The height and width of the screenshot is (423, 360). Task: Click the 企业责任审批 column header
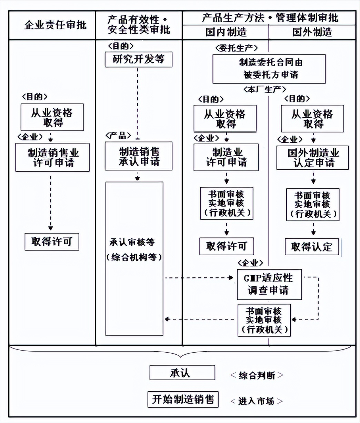pyautogui.click(x=55, y=25)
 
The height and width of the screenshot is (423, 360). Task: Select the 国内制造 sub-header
pyautogui.click(x=226, y=32)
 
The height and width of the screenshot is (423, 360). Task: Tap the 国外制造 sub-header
pyautogui.click(x=312, y=32)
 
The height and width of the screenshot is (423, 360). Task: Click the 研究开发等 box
pyautogui.click(x=139, y=60)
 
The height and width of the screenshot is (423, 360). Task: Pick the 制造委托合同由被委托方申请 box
pyautogui.click(x=269, y=69)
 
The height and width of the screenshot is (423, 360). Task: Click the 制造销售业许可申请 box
pyautogui.click(x=52, y=157)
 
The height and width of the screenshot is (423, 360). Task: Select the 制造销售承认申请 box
pyautogui.click(x=139, y=156)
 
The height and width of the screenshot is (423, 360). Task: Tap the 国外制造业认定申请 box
pyautogui.click(x=312, y=158)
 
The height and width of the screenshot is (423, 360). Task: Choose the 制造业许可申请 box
pyautogui.click(x=226, y=157)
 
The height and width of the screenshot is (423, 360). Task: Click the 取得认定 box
pyautogui.click(x=312, y=247)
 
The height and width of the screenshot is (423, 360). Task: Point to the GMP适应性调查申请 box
pyautogui.click(x=269, y=284)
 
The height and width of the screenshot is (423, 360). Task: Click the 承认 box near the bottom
pyautogui.click(x=182, y=373)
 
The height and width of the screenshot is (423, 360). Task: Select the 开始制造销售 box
pyautogui.click(x=183, y=399)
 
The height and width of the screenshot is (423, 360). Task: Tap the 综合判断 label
pyautogui.click(x=257, y=375)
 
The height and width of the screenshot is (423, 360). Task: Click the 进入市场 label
pyautogui.click(x=257, y=401)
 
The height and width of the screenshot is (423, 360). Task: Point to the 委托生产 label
pyautogui.click(x=236, y=48)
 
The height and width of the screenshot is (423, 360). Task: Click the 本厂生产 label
pyautogui.click(x=265, y=90)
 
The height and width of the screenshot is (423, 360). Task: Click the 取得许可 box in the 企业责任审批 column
pyautogui.click(x=52, y=242)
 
